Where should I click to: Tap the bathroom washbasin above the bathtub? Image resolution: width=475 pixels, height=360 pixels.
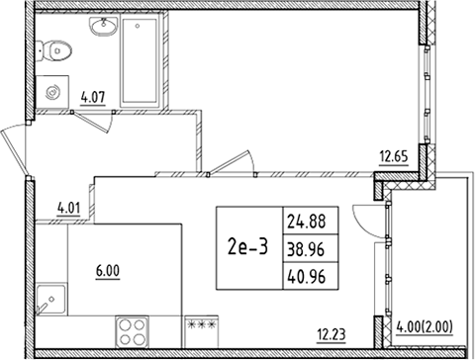(x=101, y=30)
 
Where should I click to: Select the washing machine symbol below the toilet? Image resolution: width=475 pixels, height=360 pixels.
(x=53, y=86)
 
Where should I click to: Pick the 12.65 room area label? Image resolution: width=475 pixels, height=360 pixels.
(x=393, y=153)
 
